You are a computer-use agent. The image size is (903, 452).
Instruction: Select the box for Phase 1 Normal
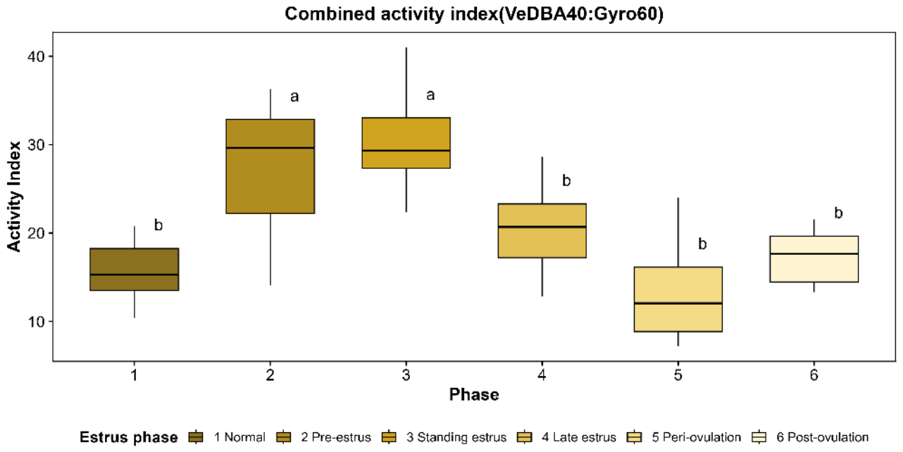point(135,269)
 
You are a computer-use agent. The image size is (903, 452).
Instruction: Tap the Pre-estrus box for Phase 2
point(270,166)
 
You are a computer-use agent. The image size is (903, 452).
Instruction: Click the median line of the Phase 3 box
point(406,151)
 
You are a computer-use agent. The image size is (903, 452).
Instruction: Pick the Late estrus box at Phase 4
point(542,230)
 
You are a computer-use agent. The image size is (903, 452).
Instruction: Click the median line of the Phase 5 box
point(678,303)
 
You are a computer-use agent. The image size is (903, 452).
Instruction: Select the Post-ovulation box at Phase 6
point(814,259)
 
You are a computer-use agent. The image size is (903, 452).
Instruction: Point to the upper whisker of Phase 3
point(406,82)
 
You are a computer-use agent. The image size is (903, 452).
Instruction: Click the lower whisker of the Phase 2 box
point(270,249)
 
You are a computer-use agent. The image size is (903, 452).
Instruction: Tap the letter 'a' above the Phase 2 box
point(294,97)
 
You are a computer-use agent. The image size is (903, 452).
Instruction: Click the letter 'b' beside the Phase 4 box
point(566,180)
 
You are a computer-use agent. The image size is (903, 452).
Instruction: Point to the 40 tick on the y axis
point(50,56)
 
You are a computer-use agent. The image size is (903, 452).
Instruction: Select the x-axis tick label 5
point(678,375)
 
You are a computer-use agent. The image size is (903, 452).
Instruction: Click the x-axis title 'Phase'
point(474,394)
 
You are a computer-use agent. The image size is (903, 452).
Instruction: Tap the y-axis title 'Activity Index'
point(15,196)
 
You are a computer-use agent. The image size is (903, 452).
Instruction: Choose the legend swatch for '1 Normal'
point(196,437)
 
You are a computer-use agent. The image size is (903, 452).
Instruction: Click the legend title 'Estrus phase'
point(129,437)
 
